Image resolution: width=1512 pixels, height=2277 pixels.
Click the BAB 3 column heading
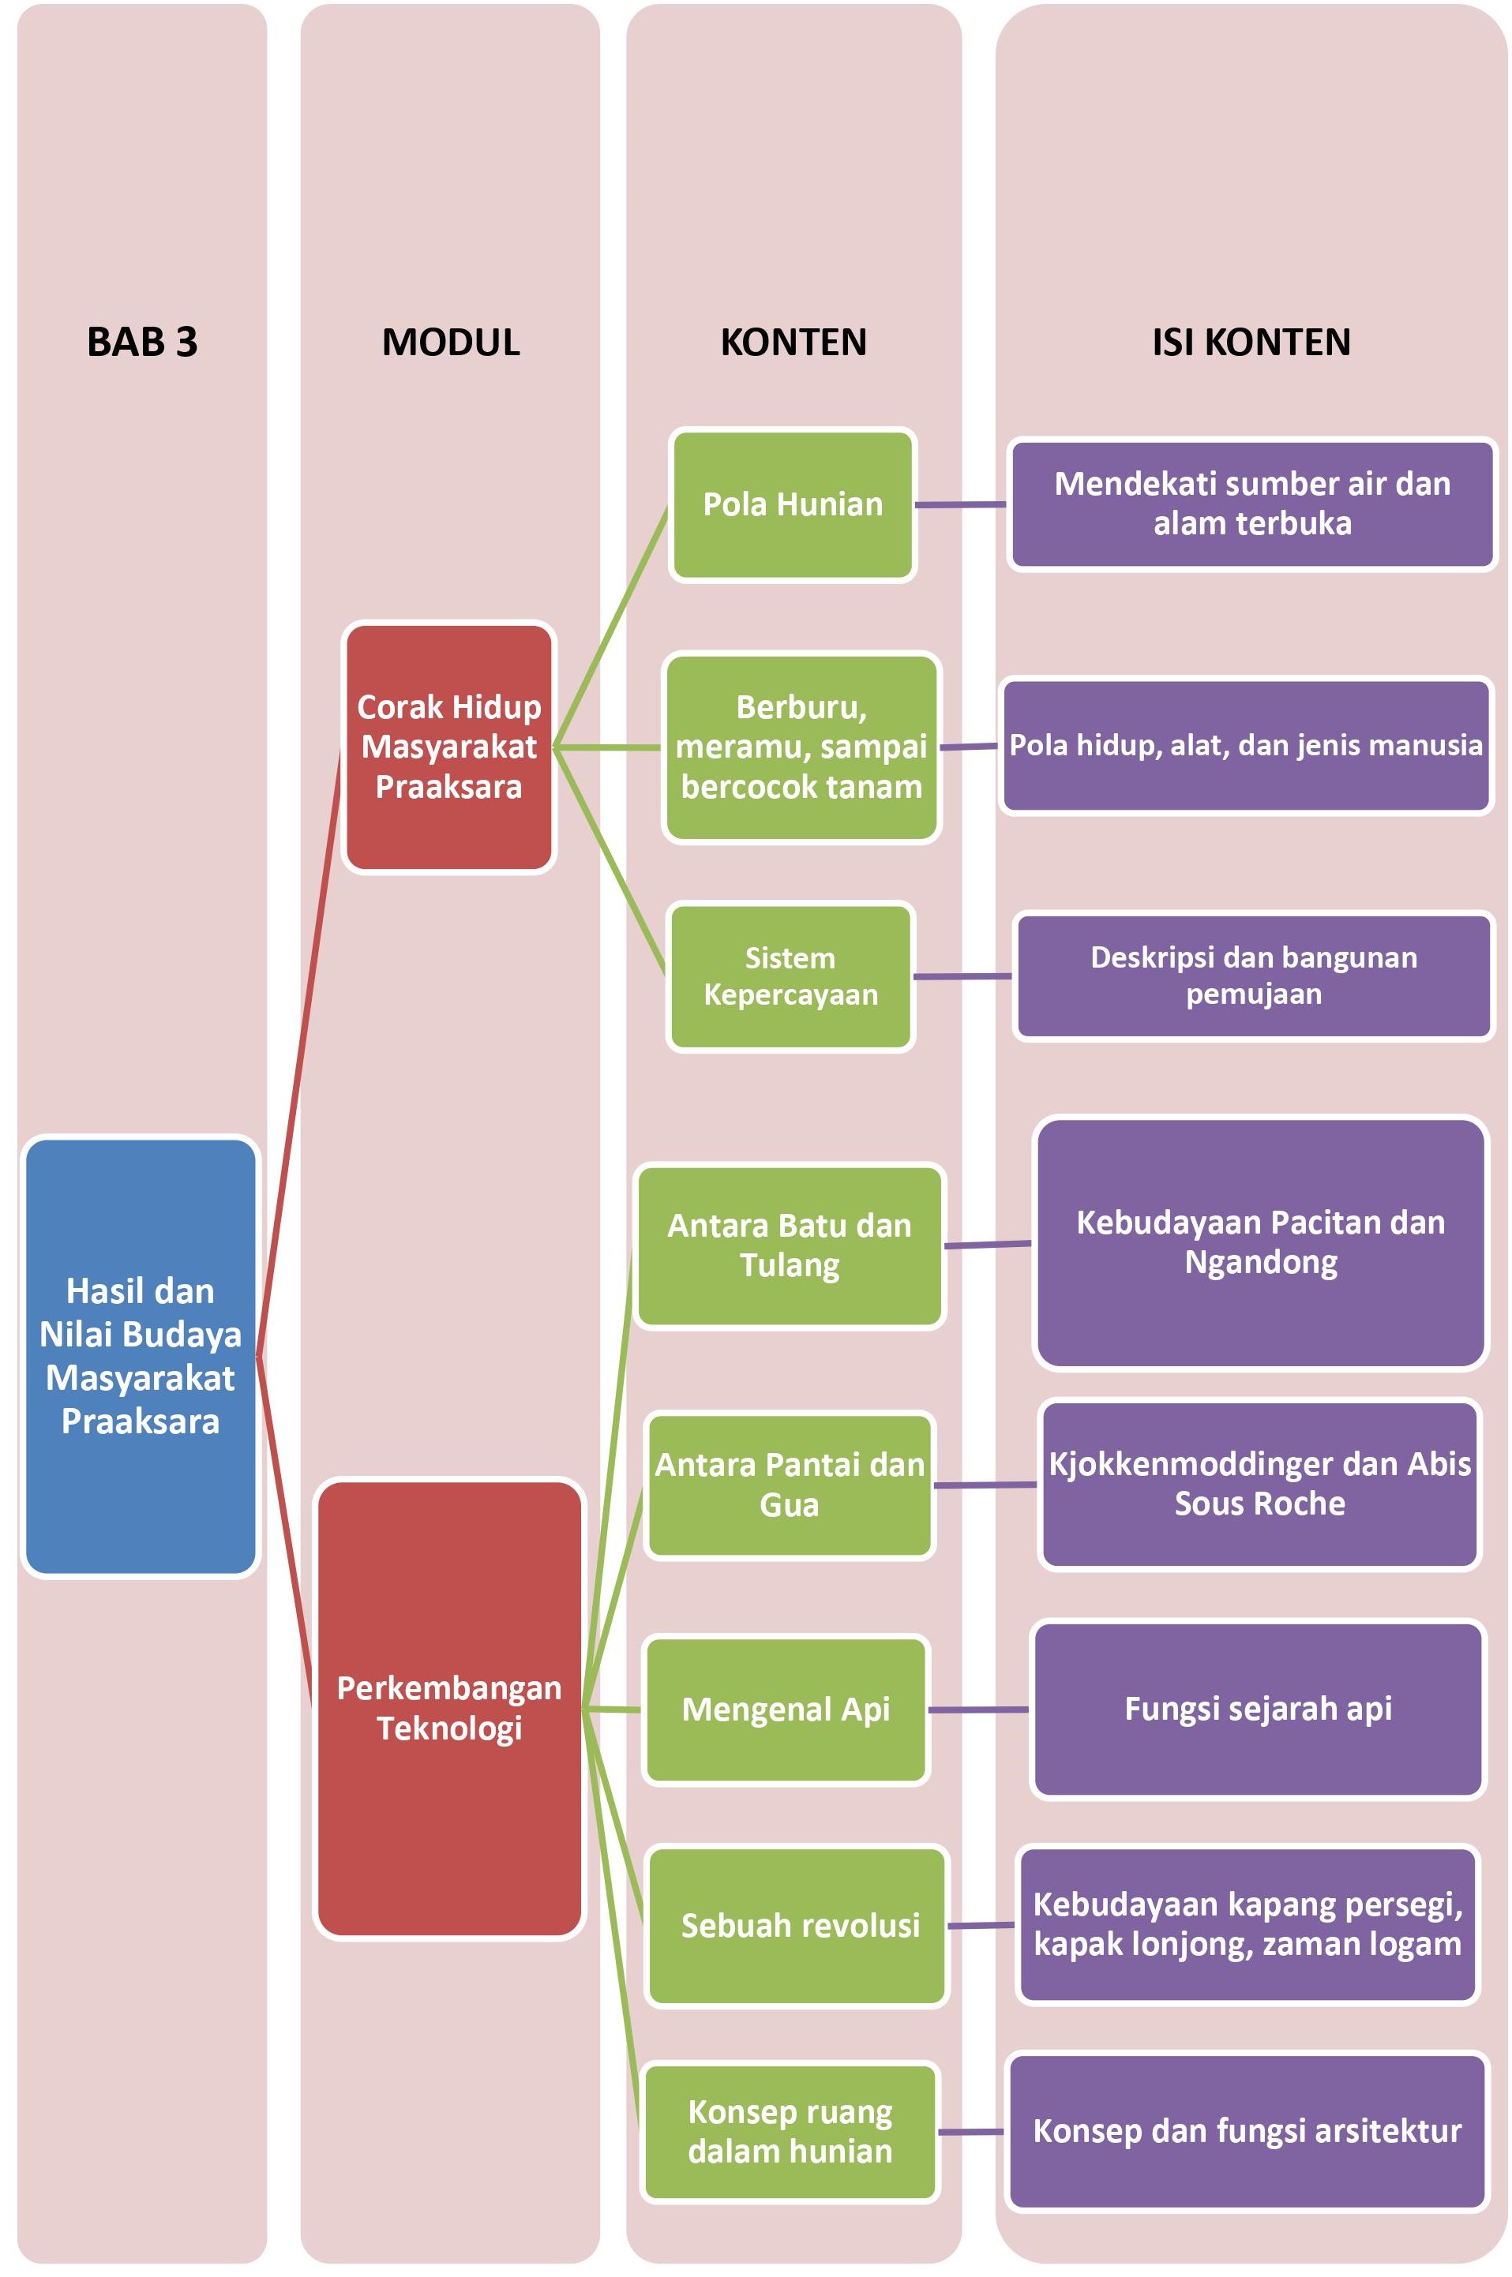point(142,343)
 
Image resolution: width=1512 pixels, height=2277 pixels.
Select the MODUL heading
point(450,343)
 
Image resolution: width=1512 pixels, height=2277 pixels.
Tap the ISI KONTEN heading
point(1251,343)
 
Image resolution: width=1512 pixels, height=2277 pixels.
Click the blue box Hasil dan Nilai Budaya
point(141,1355)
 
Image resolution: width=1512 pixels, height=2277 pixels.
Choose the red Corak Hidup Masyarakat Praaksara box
point(449,747)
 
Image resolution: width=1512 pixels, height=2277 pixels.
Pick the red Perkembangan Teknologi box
point(449,1707)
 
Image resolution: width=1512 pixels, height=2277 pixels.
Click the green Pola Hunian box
point(793,504)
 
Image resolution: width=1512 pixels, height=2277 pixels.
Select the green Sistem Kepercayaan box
point(790,976)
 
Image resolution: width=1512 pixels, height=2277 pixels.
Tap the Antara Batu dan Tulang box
point(790,1245)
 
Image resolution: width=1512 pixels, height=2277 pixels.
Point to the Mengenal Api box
point(786,1710)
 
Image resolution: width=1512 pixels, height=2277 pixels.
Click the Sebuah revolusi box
point(799,1925)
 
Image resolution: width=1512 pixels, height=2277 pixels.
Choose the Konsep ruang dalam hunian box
point(790,2132)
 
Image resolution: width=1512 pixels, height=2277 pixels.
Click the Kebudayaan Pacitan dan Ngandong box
point(1260,1242)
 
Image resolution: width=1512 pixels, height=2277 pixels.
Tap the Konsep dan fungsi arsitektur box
point(1247,2130)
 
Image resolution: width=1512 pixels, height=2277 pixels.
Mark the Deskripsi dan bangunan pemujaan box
point(1254,976)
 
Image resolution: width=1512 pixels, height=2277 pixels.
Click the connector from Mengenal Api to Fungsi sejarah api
point(977,1710)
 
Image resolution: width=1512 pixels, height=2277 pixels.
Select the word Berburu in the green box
point(801,708)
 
